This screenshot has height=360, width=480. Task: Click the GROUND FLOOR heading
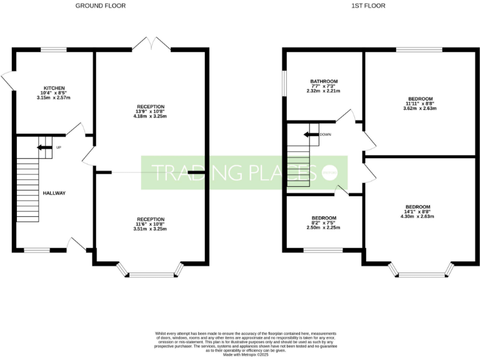(100, 6)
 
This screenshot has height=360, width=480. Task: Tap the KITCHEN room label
(54, 88)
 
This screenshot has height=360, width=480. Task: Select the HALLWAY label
(54, 193)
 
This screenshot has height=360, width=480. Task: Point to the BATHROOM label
(324, 81)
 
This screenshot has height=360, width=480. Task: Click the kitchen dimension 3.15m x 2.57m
(54, 98)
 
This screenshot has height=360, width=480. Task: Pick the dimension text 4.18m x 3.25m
(151, 116)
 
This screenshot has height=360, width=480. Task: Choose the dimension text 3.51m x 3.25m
(151, 229)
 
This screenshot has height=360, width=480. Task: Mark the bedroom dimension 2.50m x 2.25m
(324, 227)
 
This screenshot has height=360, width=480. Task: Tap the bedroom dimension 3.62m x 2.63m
(420, 108)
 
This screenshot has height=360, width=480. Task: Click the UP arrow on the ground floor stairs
(43, 147)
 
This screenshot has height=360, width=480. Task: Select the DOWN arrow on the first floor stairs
(311, 134)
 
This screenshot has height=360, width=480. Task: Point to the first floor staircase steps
(298, 166)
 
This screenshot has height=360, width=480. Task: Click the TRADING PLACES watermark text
(231, 172)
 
